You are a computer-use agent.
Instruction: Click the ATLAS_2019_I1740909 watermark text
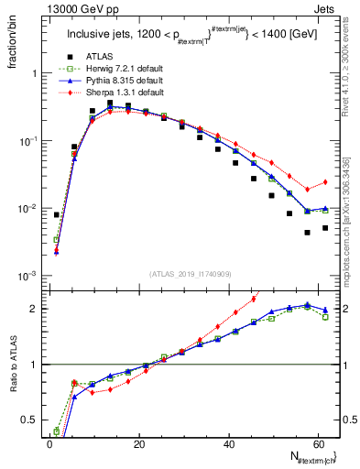coord(190,274)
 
